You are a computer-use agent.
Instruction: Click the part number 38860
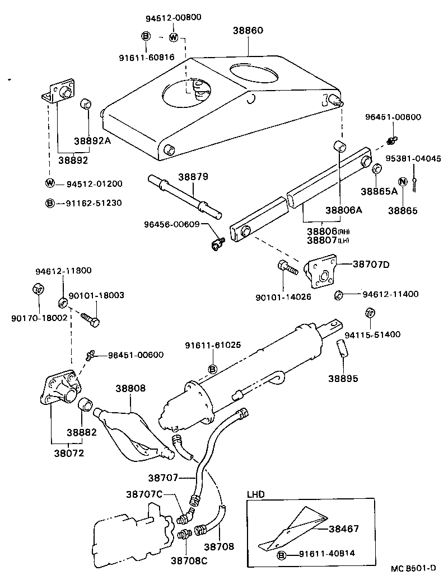(248, 31)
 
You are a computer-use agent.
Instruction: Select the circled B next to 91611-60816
(145, 37)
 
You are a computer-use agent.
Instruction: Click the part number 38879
(193, 177)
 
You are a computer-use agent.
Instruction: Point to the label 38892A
(92, 141)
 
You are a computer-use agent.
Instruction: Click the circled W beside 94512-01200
(50, 183)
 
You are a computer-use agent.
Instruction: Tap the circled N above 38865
(402, 182)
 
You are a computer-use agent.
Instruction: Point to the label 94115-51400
(372, 335)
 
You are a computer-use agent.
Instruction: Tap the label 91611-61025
(213, 345)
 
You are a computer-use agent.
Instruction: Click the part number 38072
(68, 453)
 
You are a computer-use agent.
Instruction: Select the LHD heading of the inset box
(256, 494)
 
